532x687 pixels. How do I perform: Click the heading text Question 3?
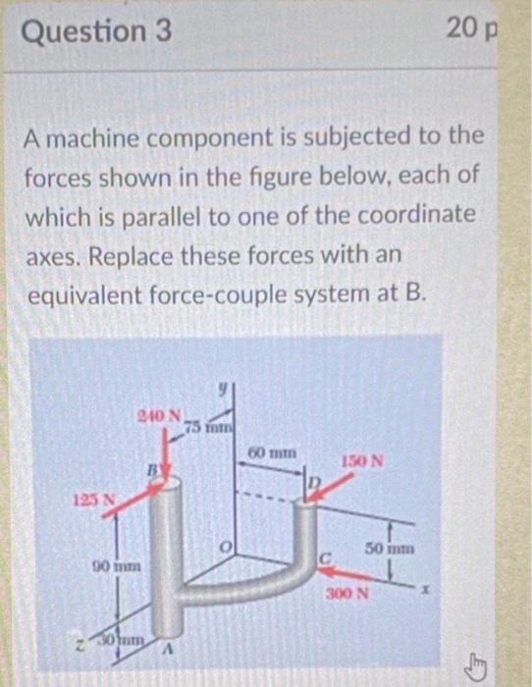(x=95, y=32)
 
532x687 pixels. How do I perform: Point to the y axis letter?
(x=225, y=391)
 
